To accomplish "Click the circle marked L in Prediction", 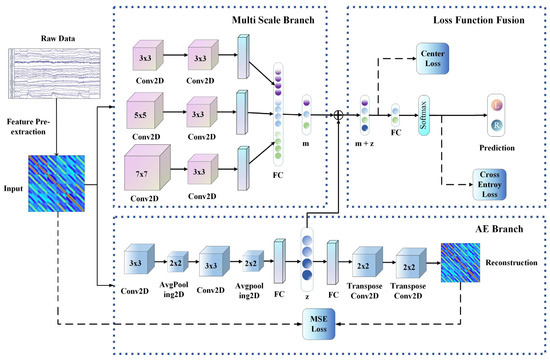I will click(497, 104).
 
